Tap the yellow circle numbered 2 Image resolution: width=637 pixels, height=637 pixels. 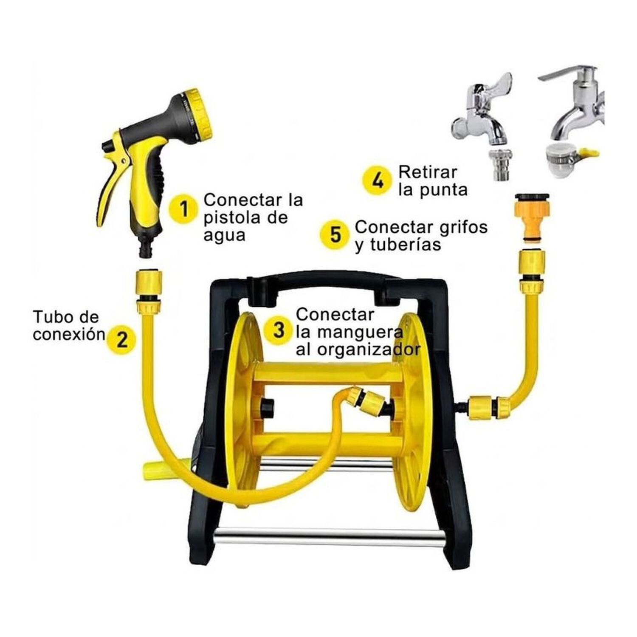tap(122, 339)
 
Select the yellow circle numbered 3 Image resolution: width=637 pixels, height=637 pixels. tap(279, 330)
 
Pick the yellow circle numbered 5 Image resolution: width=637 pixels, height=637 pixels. tap(335, 234)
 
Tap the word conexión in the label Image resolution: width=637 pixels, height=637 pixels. tap(69, 334)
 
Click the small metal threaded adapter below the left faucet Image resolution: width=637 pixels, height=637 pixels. tap(501, 165)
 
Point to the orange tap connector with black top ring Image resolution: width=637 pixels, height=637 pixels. tap(533, 217)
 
